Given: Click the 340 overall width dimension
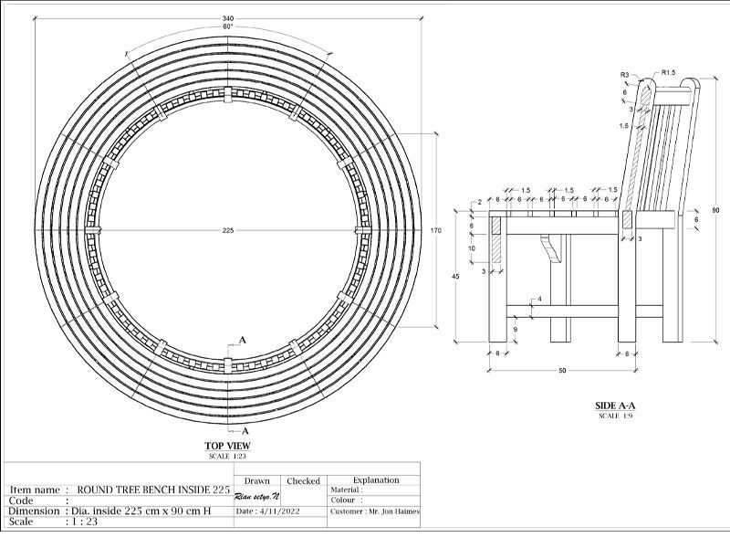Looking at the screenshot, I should point(226,18).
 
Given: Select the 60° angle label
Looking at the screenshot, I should point(226,26).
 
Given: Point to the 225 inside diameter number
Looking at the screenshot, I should point(228,230).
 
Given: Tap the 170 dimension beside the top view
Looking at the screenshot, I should point(435,230).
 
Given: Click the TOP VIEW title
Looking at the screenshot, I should point(227,446).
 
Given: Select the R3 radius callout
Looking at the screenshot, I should point(625,74).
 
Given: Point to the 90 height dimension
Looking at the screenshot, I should point(715,210).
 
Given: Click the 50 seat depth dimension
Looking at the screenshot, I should point(562,370).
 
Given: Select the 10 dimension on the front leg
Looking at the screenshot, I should point(471,248).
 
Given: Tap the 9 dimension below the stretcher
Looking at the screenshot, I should point(516,330).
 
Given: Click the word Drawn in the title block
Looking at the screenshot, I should point(257,480).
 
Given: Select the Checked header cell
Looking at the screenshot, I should point(303,480).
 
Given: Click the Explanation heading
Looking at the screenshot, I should point(375,479).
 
